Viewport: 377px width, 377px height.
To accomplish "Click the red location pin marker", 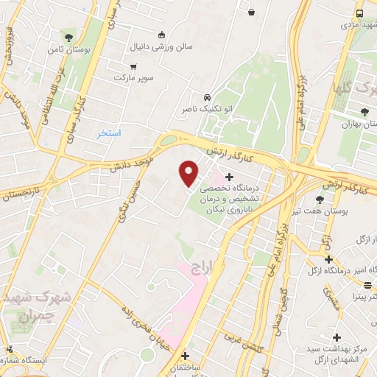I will (189, 172).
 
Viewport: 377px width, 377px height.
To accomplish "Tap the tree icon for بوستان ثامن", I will (68, 36).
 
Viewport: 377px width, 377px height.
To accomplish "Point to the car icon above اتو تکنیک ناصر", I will (208, 97).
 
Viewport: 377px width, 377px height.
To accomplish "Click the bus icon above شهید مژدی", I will (359, 13).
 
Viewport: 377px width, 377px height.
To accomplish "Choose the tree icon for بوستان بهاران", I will (364, 112).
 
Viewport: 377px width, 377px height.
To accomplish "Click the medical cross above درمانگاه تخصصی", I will (230, 177).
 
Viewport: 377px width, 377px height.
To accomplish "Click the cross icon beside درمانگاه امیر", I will (328, 259).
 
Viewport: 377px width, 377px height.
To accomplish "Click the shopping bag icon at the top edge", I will (252, 11).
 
